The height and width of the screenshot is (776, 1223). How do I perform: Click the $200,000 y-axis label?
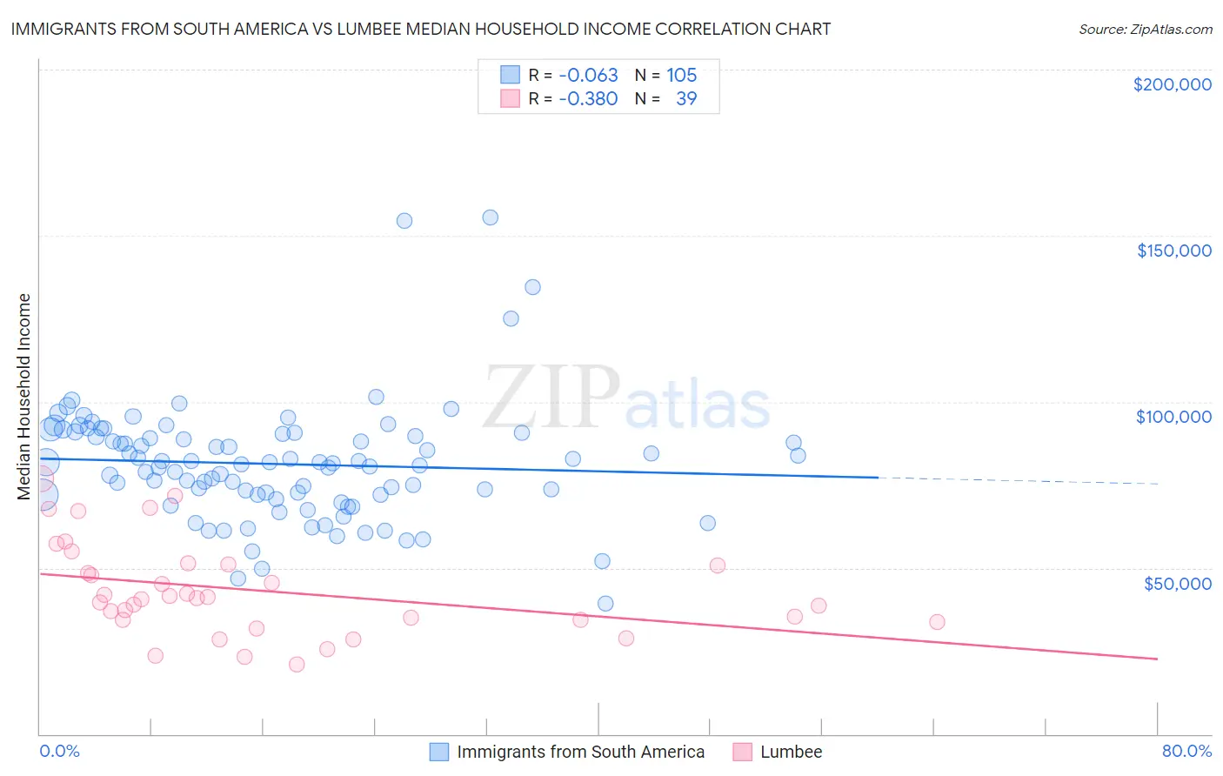tap(1172, 84)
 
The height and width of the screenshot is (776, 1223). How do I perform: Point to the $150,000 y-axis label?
tap(1173, 251)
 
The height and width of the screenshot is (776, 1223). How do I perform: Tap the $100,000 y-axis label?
tap(1173, 417)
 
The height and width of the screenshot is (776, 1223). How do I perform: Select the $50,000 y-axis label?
tap(1177, 583)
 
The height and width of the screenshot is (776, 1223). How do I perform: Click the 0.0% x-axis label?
tap(59, 751)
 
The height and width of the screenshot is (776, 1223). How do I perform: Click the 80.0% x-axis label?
tap(1186, 751)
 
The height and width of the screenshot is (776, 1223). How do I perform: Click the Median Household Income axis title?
tap(23, 397)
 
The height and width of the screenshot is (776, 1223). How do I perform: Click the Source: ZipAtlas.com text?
tap(1145, 29)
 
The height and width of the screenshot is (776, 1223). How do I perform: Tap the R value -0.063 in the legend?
tap(588, 75)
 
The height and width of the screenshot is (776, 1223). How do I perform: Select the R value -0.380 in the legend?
tap(588, 98)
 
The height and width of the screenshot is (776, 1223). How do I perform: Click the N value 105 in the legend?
tap(682, 75)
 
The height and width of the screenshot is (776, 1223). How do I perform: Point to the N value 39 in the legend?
tap(686, 98)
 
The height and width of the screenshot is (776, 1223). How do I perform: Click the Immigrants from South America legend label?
tap(580, 752)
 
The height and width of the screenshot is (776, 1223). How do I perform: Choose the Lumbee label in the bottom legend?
tap(791, 752)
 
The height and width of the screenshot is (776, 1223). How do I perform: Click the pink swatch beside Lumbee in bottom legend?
tap(742, 752)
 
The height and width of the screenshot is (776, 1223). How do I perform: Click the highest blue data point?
tap(491, 217)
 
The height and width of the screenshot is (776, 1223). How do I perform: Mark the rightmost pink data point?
tap(937, 622)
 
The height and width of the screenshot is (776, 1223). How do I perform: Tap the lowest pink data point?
tap(297, 665)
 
